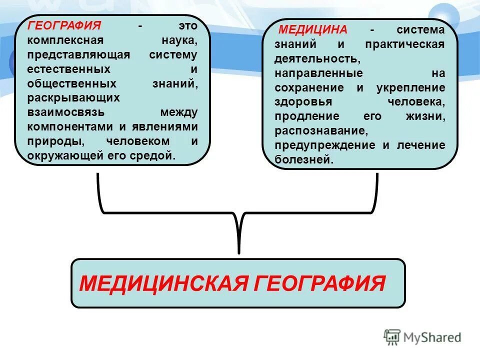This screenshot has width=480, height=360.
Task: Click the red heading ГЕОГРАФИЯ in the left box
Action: [64, 25]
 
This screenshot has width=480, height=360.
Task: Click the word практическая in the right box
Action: [404, 44]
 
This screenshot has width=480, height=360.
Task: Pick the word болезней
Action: [302, 160]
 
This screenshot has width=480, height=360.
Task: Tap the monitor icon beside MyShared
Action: [392, 337]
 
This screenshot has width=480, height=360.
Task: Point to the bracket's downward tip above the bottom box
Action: [239, 250]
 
